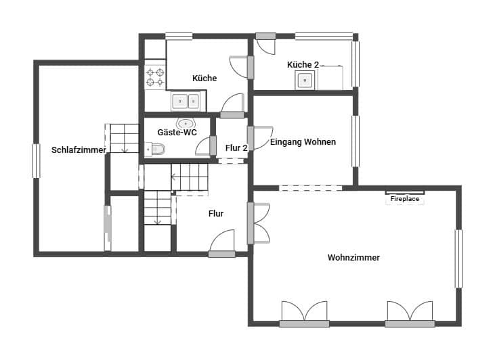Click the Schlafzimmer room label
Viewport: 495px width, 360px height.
coord(79,150)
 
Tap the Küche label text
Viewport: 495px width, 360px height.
coord(205,78)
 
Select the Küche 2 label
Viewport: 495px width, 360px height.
coord(303,65)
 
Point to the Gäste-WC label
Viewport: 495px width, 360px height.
coord(177,133)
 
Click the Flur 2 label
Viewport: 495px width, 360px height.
coord(236,147)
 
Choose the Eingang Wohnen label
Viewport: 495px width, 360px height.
coord(303,142)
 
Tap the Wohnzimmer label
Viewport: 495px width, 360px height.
coord(353,258)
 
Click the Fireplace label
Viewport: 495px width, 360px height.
coord(405,200)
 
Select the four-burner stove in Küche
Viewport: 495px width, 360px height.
coord(155,76)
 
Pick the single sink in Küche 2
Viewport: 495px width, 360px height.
coord(305,81)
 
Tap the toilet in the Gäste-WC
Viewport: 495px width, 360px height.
coord(154,150)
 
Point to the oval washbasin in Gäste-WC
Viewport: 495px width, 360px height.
coord(186,123)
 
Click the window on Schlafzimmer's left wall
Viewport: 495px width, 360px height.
coord(37,161)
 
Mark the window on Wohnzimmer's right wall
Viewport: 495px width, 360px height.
coord(458,258)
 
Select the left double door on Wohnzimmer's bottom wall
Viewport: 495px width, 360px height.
coord(304,313)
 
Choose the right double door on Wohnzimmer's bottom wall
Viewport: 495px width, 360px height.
coord(410,313)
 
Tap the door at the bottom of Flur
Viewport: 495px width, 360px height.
coord(222,244)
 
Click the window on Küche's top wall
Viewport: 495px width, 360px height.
coord(179,37)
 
